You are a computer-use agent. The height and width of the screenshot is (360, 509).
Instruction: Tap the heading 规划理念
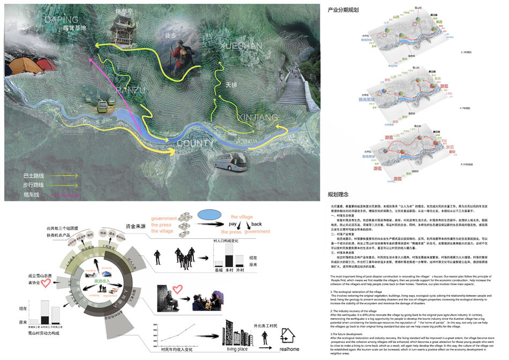click(339, 194)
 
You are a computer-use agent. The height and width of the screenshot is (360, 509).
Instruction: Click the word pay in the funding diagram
click(233, 224)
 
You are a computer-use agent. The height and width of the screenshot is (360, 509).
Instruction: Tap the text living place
click(239, 349)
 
